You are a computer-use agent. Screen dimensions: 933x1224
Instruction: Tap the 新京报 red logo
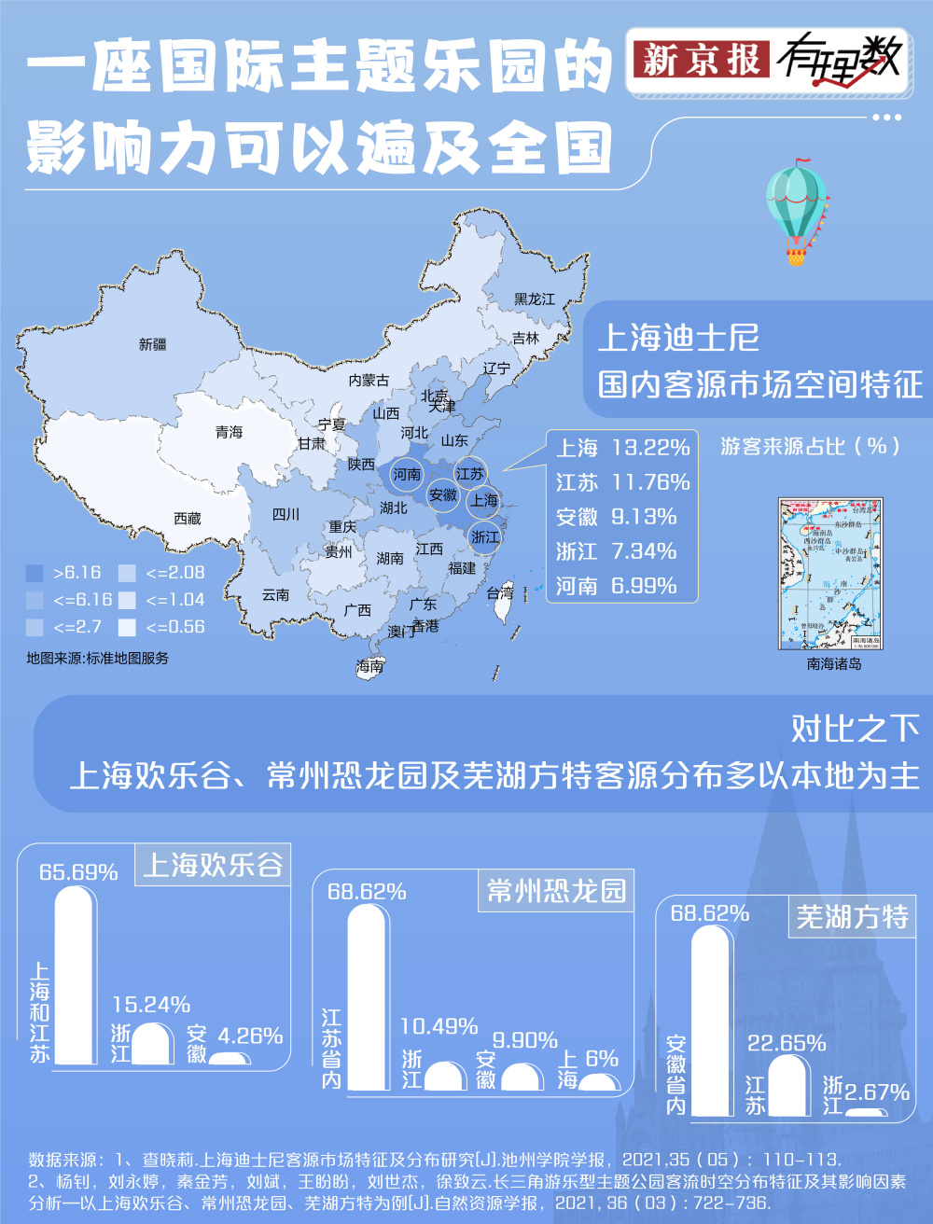coord(701,61)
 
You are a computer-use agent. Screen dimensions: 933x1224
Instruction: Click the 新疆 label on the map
coord(152,344)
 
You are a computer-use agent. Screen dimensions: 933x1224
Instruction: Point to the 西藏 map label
coord(188,518)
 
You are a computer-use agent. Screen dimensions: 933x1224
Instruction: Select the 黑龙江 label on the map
coord(534,299)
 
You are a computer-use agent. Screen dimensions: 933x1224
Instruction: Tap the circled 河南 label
coord(407,474)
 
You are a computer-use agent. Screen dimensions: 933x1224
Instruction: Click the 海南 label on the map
coord(369,666)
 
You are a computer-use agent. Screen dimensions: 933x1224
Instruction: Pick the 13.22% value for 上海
coord(650,448)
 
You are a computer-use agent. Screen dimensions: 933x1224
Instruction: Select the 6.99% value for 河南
coord(644,586)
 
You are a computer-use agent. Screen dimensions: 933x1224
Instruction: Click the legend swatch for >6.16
coord(35,573)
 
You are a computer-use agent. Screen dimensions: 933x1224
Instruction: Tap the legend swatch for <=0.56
coord(128,627)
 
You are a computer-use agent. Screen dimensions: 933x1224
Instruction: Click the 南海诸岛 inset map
coord(830,574)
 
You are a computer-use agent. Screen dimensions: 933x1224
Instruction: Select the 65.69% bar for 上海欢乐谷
coord(76,975)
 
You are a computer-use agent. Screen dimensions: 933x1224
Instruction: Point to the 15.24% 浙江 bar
coord(152,1044)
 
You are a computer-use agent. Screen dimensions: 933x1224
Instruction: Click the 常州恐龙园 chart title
coord(556,891)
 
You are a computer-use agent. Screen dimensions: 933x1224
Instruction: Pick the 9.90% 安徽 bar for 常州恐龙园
coord(522,1076)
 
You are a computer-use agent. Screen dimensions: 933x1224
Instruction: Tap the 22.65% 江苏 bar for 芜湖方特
coord(788,1085)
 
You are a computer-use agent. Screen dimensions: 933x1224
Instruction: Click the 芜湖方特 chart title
coord(852,917)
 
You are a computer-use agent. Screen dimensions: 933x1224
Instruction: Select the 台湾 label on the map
coord(500,592)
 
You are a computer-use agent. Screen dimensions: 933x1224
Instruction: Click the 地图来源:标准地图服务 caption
coord(98,658)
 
